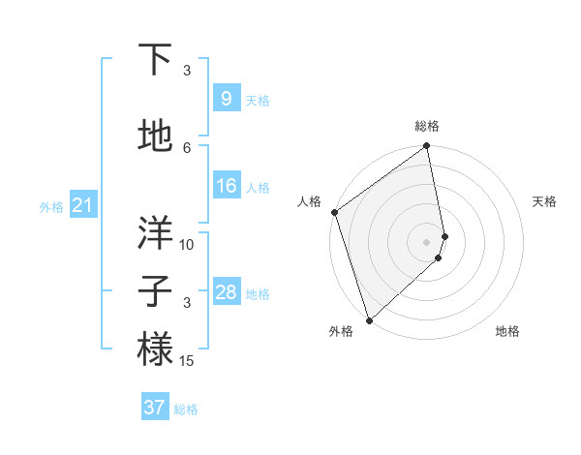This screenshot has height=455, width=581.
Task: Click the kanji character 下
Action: click(155, 60)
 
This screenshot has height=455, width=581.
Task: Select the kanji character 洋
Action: click(155, 232)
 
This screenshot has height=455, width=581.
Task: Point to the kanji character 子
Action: click(155, 291)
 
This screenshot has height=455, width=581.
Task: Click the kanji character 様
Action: click(155, 349)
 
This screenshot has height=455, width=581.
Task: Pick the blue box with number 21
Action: click(81, 205)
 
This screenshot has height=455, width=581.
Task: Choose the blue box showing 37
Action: click(154, 408)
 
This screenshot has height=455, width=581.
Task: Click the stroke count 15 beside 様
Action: click(188, 361)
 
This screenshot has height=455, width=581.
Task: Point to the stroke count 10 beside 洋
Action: click(187, 245)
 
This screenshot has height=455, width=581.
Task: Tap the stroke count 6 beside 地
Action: click(187, 147)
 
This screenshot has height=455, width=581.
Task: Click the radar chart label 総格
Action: click(427, 126)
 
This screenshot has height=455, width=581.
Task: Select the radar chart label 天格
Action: click(544, 201)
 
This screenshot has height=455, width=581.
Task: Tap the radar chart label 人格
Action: click(309, 201)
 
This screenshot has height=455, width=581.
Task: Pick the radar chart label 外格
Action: click(341, 332)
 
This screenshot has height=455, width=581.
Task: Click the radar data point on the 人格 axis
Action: click(334, 212)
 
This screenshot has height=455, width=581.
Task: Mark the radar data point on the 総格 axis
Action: click(427, 147)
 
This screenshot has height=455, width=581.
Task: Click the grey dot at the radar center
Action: click(427, 242)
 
